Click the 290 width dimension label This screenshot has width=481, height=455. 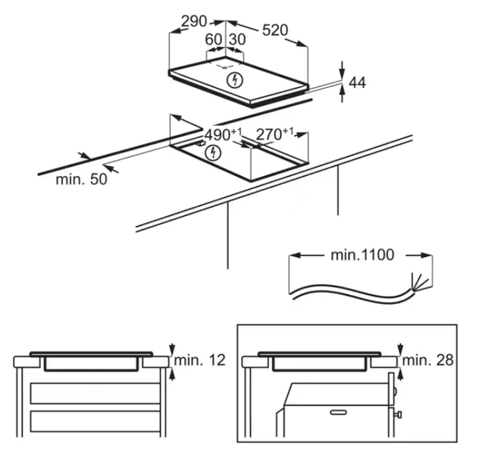pyautogui.click(x=194, y=21)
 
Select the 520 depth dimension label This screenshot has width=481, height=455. pyautogui.click(x=275, y=30)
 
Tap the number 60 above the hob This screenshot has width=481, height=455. pyautogui.click(x=213, y=39)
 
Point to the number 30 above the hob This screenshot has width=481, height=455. pyautogui.click(x=237, y=39)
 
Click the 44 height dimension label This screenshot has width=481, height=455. pyautogui.click(x=358, y=83)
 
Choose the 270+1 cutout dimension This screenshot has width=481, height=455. pyautogui.click(x=275, y=134)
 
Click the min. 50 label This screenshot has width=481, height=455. pyautogui.click(x=82, y=179)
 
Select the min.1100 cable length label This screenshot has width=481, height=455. pyautogui.click(x=362, y=255)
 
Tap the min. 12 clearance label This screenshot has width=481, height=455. pyautogui.click(x=200, y=359)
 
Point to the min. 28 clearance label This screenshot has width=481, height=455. pyautogui.click(x=428, y=359)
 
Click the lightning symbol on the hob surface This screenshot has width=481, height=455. pyautogui.click(x=235, y=80)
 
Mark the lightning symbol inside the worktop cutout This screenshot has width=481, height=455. pyautogui.click(x=213, y=152)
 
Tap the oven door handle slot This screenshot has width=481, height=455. pyautogui.click(x=339, y=412)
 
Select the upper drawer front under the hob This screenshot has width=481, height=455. pyautogui.click(x=95, y=394)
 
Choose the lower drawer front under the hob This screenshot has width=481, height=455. pyautogui.click(x=95, y=421)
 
